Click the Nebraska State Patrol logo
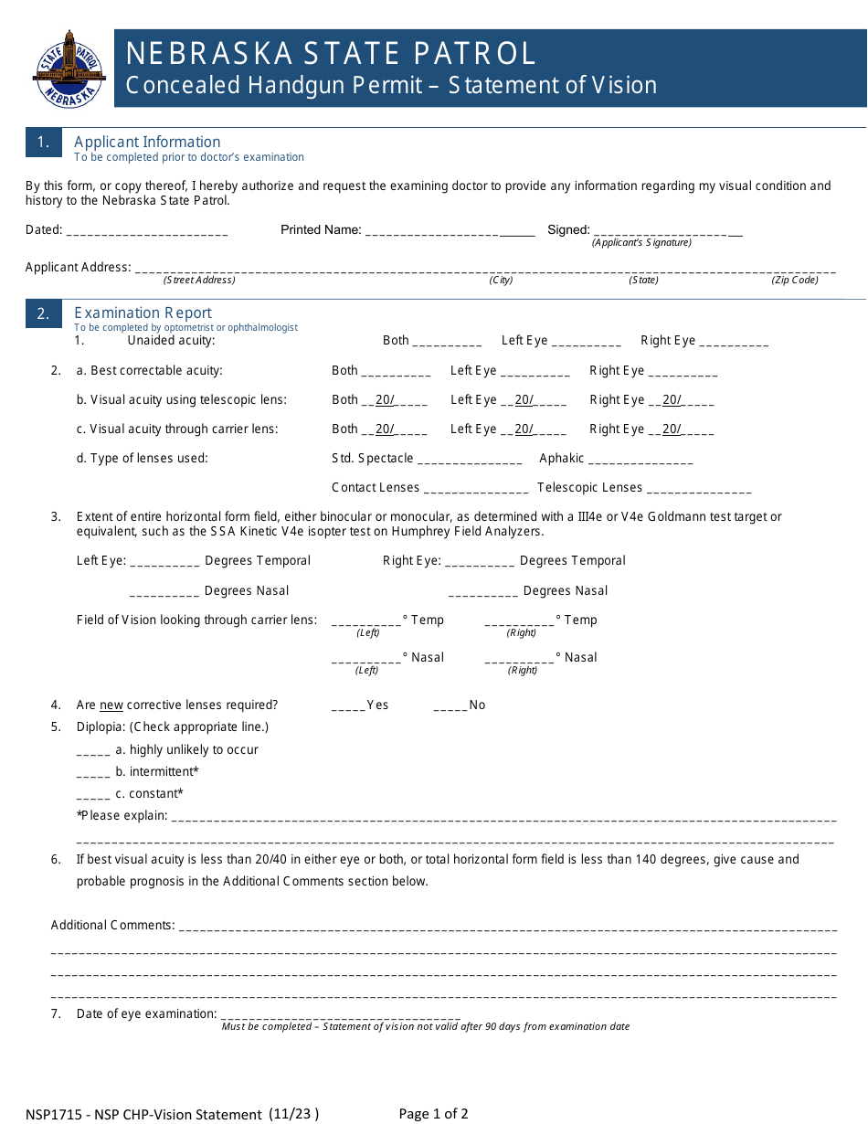pyautogui.click(x=69, y=69)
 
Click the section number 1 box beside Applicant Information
pyautogui.click(x=43, y=143)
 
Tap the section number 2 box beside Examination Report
pyautogui.click(x=43, y=313)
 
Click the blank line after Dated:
pyautogui.click(x=147, y=232)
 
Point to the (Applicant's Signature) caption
pyautogui.click(x=641, y=243)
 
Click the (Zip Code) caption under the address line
pyautogui.click(x=795, y=281)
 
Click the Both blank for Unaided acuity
pyautogui.click(x=447, y=343)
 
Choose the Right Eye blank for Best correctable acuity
pyautogui.click(x=683, y=373)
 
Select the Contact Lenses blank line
pyautogui.click(x=476, y=490)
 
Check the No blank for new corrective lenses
pyautogui.click(x=450, y=707)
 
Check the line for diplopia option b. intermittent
pyautogui.click(x=93, y=774)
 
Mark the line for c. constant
pyautogui.click(x=93, y=796)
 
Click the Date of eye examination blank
pyautogui.click(x=340, y=1016)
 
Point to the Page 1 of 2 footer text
pyautogui.click(x=434, y=1114)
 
